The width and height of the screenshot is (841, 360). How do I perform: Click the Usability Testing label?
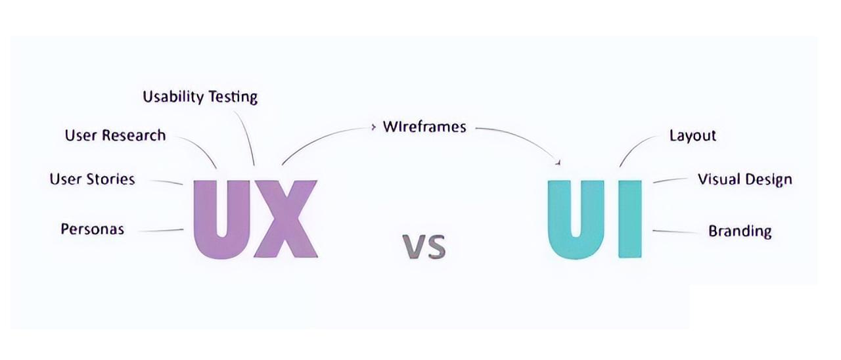coord(200,97)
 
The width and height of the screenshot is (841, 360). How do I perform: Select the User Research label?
coord(115,135)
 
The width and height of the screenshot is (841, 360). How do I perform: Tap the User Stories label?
coord(92,179)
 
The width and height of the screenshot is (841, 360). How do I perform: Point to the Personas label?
coord(92,229)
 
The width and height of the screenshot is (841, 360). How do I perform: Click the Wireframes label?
coord(424,127)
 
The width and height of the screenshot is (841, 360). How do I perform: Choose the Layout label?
coord(693,135)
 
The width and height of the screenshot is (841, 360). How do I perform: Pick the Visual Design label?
coord(744,179)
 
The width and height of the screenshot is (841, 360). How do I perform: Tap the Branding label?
coord(740,231)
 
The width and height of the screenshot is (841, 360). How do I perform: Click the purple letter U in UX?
coord(221,217)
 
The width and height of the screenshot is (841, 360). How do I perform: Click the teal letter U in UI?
coord(576,217)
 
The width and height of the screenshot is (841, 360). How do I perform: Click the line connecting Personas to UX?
coord(161,231)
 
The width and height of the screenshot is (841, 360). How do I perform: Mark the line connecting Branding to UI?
coord(677,232)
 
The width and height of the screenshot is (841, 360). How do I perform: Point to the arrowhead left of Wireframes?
coord(373,125)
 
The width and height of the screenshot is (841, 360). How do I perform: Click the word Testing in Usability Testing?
coord(233,97)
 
